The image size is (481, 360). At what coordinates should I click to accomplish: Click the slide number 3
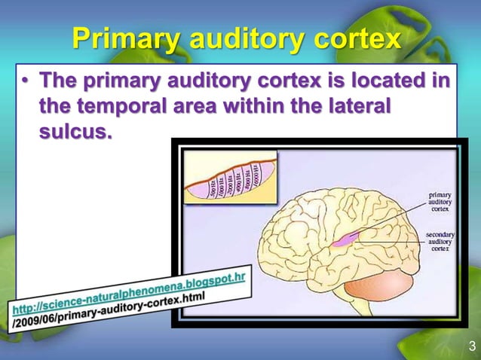pos(471,346)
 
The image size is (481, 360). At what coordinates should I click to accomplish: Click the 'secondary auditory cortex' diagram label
pos(440,243)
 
